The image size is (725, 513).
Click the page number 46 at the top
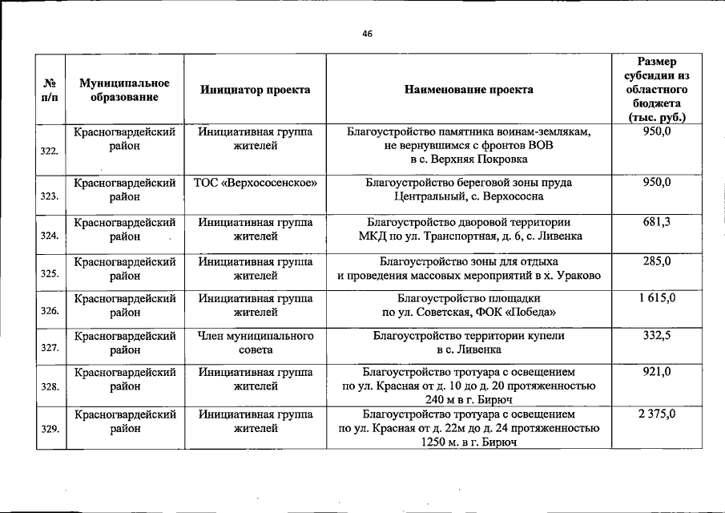[367, 34]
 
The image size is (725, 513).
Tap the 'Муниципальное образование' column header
[124, 90]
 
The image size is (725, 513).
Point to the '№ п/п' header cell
[50, 90]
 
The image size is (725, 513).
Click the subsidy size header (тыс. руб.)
[656, 90]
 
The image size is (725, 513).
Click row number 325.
[50, 273]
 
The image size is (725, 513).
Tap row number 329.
[50, 429]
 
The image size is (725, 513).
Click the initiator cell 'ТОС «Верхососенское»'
[256, 182]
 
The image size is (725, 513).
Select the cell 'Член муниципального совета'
[256, 342]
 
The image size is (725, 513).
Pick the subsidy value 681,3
[656, 221]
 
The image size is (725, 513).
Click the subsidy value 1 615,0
[656, 297]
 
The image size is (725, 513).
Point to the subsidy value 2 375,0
[656, 414]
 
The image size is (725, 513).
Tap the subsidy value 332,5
[656, 335]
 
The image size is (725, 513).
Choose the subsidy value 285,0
[656, 261]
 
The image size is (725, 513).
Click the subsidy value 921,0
[656, 372]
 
